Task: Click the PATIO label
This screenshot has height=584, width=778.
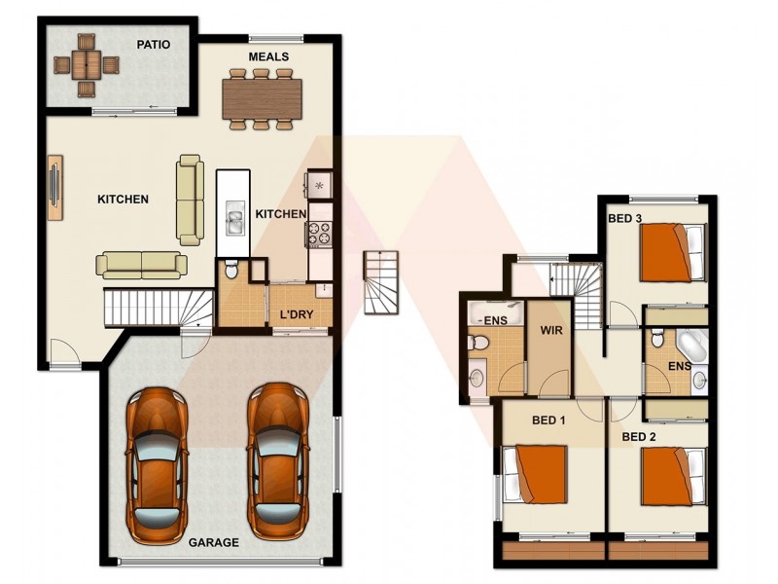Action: tap(154, 44)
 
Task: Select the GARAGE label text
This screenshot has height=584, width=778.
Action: tap(213, 543)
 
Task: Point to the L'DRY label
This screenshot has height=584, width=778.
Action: tap(297, 315)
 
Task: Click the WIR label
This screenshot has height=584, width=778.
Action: tap(552, 329)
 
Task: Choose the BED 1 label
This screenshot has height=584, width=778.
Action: tap(548, 420)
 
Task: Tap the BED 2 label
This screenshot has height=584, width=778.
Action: tap(639, 437)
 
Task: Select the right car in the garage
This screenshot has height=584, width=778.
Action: tap(276, 461)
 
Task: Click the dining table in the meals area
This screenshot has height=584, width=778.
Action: tap(259, 97)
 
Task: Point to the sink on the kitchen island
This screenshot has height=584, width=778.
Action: tap(233, 218)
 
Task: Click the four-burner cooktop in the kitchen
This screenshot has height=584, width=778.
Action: tap(320, 234)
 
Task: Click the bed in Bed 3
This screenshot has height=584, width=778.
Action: tap(671, 251)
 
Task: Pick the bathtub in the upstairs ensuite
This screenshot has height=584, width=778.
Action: tap(692, 347)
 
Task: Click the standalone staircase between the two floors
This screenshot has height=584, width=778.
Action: tap(381, 282)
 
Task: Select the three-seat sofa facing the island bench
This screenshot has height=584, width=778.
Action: tap(190, 200)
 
